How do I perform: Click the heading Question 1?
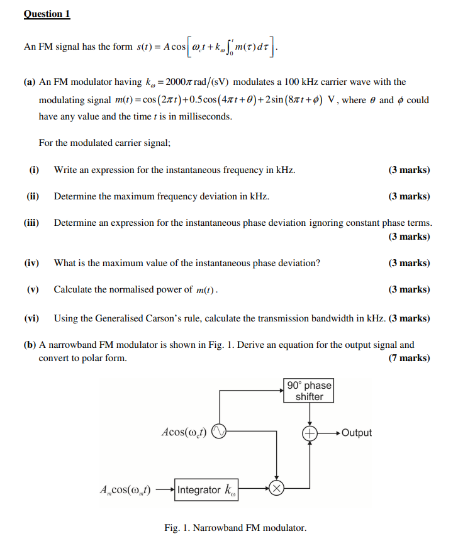coord(47,14)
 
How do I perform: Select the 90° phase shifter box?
coord(309,391)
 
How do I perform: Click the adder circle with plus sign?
coord(310,433)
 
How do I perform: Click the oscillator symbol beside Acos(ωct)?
coord(218,432)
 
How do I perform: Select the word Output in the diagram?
coord(357,433)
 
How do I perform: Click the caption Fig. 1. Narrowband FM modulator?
coord(235,527)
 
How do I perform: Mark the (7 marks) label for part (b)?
coord(409,358)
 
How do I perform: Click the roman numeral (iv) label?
coord(31,263)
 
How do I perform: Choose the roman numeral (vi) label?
coord(31,318)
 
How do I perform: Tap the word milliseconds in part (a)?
coord(204,117)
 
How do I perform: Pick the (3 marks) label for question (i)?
coord(409,170)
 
